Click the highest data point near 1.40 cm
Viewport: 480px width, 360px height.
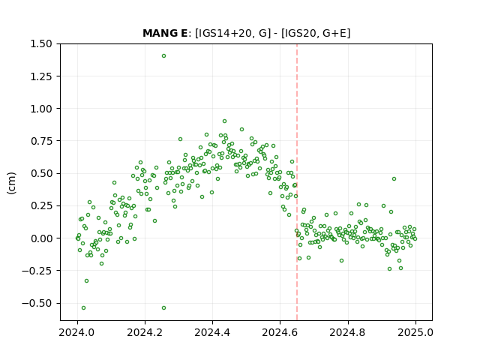[x=163, y=56]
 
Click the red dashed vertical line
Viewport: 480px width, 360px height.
[x=297, y=182]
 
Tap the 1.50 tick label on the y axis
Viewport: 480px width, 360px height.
[x=41, y=43]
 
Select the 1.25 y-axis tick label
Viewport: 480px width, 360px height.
[x=41, y=76]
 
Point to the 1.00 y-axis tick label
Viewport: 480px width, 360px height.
[x=41, y=109]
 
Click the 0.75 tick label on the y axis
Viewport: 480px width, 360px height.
[x=41, y=141]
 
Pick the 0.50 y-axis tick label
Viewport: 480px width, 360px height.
[x=41, y=173]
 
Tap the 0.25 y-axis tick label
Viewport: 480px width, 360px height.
[x=41, y=206]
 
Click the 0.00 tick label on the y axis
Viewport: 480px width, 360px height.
[x=41, y=238]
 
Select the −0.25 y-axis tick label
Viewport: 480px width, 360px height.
[x=37, y=271]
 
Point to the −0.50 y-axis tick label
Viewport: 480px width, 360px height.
[x=37, y=303]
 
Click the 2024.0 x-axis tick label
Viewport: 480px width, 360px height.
[x=77, y=332]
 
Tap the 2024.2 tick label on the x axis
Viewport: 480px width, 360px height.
[x=145, y=332]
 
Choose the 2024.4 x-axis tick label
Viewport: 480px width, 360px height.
[x=212, y=332]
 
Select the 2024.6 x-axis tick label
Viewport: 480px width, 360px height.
[x=280, y=332]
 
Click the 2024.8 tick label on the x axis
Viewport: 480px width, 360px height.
[x=348, y=332]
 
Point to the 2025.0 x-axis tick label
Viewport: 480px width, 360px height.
[x=415, y=332]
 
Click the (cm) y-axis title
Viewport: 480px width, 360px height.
[x=12, y=183]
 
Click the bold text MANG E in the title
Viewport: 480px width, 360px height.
[x=165, y=33]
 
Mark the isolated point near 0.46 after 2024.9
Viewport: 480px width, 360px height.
[x=394, y=178]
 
